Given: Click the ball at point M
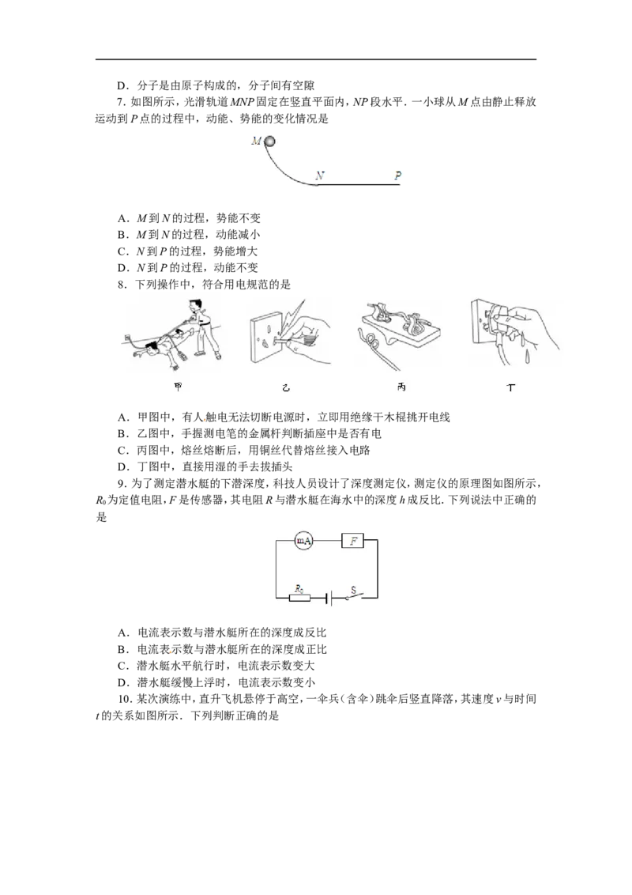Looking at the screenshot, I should pyautogui.click(x=269, y=142).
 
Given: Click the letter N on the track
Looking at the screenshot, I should pyautogui.click(x=318, y=176).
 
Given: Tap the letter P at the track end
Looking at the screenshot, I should pyautogui.click(x=397, y=176).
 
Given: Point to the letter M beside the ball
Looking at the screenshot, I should pyautogui.click(x=255, y=142).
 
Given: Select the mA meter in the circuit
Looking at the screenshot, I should pyautogui.click(x=303, y=541).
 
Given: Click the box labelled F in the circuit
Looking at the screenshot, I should pyautogui.click(x=352, y=541).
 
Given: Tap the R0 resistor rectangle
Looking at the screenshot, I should pyautogui.click(x=300, y=599).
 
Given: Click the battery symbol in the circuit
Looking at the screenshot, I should pyautogui.click(x=330, y=599).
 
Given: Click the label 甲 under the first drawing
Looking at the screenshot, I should pyautogui.click(x=176, y=386).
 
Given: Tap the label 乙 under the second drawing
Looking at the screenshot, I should pyautogui.click(x=286, y=387).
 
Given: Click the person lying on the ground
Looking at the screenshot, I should pyautogui.click(x=162, y=349).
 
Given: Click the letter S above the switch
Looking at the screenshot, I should pyautogui.click(x=353, y=589).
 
